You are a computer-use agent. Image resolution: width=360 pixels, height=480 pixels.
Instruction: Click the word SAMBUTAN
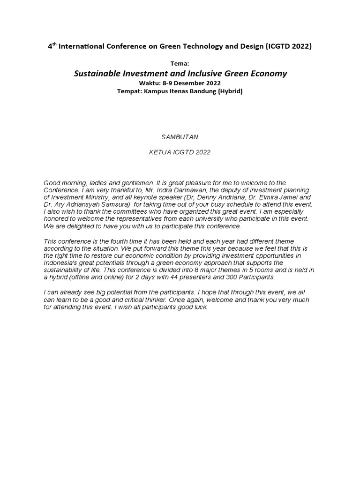point(180,137)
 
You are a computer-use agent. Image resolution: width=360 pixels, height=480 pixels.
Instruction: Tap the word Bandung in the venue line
point(199,91)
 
